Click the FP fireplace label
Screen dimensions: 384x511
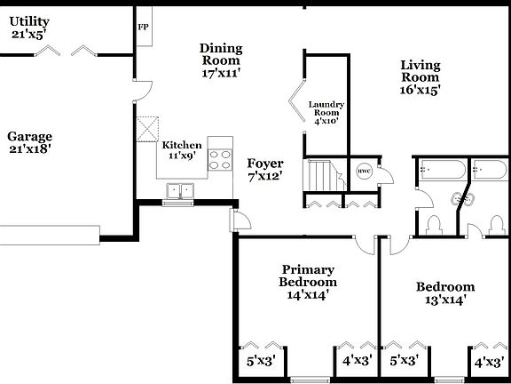coord(142,27)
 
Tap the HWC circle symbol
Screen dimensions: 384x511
coord(364,171)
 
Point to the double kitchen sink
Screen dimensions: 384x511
coord(181,190)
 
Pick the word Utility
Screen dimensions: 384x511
coord(30,21)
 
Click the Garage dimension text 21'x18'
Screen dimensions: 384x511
coord(30,149)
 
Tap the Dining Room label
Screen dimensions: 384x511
coord(221,54)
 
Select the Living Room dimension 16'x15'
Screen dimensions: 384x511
coord(421,89)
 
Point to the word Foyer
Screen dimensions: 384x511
coord(265,164)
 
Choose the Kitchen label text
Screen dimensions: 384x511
coord(181,145)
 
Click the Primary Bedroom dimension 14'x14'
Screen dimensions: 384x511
coord(308,295)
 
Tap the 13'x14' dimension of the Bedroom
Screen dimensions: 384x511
coord(445,300)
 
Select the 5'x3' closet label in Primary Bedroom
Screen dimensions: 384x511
coord(261,361)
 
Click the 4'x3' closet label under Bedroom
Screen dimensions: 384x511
coord(489,363)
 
